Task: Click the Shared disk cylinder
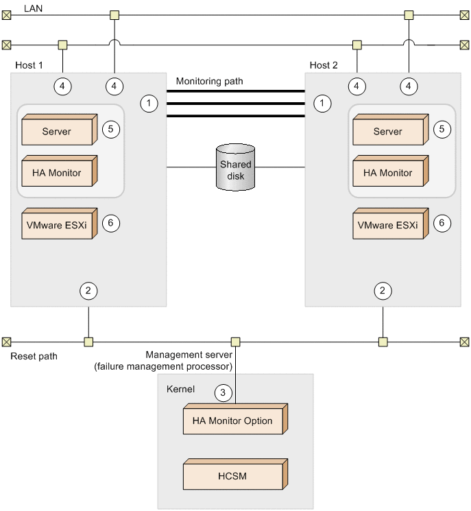tap(236, 167)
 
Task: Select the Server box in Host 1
tap(58, 131)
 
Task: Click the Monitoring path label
tap(209, 81)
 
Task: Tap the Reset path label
tap(34, 357)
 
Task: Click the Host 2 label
tap(324, 65)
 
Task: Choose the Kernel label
tap(180, 389)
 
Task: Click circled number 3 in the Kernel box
tap(222, 393)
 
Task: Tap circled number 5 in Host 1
tap(111, 128)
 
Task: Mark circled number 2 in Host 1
tap(88, 290)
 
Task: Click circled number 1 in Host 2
tap(322, 103)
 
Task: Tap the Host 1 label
tap(29, 65)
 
